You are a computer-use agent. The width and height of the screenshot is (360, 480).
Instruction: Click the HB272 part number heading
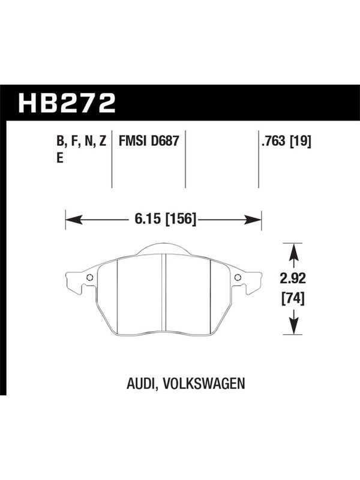67,103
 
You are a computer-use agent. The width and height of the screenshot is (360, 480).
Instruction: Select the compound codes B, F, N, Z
82,142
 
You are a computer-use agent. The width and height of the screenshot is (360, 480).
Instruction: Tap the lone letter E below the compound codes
60,158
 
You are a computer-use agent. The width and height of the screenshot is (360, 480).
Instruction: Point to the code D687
165,141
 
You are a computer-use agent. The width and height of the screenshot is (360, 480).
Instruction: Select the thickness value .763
274,142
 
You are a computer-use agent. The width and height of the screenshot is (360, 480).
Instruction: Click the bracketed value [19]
301,142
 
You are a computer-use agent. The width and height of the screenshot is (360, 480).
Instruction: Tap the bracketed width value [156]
181,220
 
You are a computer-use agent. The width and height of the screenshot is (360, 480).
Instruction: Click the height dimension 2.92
293,278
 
